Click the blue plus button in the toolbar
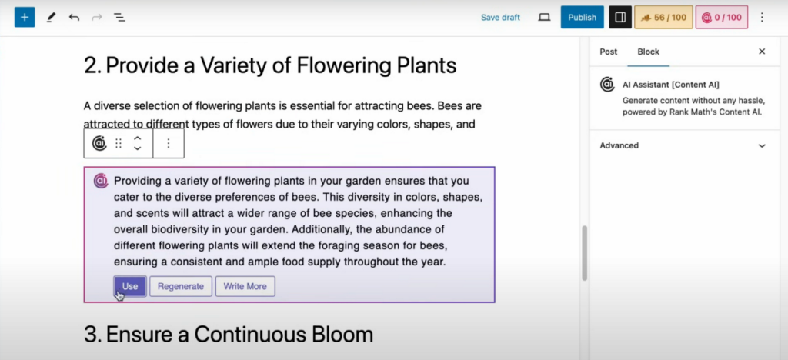pyautogui.click(x=25, y=18)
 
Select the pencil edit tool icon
pyautogui.click(x=51, y=18)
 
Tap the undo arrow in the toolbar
pyautogui.click(x=75, y=18)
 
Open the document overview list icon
pyautogui.click(x=119, y=18)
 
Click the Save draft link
pyautogui.click(x=500, y=18)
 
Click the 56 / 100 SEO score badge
pyautogui.click(x=663, y=18)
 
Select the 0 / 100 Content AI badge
pyautogui.click(x=722, y=18)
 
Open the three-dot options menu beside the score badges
pyautogui.click(x=762, y=18)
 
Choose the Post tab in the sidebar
pyautogui.click(x=609, y=52)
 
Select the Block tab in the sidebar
pyautogui.click(x=648, y=52)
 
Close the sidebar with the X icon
pyautogui.click(x=762, y=52)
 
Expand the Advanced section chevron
pyautogui.click(x=762, y=146)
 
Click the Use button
pyautogui.click(x=130, y=286)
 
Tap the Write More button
pyautogui.click(x=245, y=286)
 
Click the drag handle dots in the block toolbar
pyautogui.click(x=119, y=144)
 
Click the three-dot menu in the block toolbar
pyautogui.click(x=169, y=144)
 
